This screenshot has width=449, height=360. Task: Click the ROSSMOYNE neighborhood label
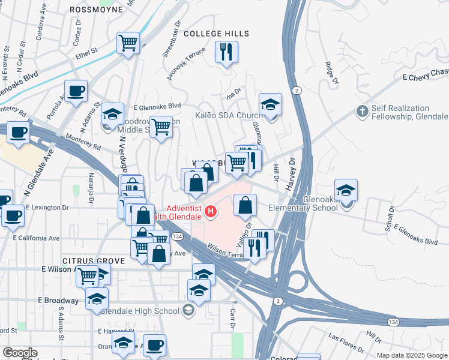point(96,9)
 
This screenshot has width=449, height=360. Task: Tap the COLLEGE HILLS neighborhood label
point(216,34)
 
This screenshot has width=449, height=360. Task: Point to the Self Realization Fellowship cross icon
point(362,112)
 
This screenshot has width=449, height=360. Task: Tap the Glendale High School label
point(141,311)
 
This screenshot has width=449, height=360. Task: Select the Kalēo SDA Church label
point(225,115)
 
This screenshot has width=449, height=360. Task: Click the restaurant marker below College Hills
point(226,52)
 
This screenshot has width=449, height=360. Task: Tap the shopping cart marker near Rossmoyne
point(128,43)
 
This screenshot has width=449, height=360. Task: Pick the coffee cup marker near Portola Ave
point(76,91)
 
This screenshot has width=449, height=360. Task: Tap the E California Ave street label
point(37,238)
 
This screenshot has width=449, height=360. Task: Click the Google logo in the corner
point(19,353)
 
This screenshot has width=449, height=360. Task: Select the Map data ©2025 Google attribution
point(412,355)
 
